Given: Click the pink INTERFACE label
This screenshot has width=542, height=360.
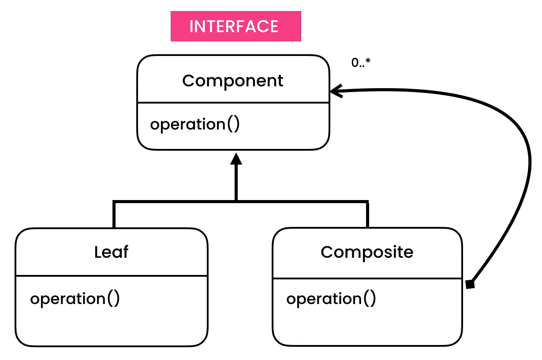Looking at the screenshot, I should click(x=235, y=26).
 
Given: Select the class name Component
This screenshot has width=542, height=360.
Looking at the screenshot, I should click(x=233, y=81).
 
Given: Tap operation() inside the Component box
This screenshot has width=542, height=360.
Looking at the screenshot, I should click(x=194, y=124).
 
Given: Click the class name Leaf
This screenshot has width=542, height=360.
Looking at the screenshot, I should click(x=111, y=252).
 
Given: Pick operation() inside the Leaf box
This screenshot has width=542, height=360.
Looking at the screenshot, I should click(x=75, y=299).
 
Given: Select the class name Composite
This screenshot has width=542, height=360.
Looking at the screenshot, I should click(x=367, y=252).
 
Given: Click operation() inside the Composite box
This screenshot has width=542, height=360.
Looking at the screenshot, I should click(x=331, y=299).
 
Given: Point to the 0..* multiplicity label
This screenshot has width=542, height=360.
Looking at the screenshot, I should click(x=360, y=63).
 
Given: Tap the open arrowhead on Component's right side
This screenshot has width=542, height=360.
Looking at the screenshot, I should click(x=336, y=92).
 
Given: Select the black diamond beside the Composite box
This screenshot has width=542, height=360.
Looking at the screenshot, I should click(x=470, y=284).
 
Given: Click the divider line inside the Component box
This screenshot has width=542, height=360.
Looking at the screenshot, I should click(x=233, y=103).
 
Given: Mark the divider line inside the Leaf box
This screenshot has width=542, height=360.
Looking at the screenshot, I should click(x=111, y=276).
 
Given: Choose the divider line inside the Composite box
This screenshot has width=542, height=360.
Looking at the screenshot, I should click(x=367, y=278).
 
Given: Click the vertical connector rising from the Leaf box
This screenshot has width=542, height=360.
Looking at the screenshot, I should click(x=114, y=215).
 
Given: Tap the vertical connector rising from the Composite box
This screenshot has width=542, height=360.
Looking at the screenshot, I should click(x=367, y=215).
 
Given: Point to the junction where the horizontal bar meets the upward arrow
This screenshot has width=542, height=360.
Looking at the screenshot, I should click(x=236, y=201).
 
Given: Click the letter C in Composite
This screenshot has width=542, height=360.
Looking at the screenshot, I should click(x=326, y=252).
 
